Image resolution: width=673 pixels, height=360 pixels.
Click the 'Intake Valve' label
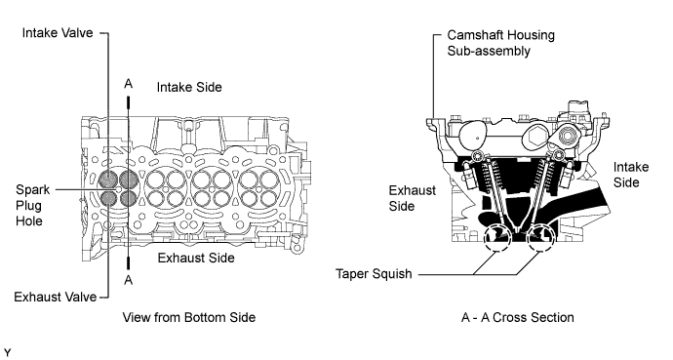click(58, 33)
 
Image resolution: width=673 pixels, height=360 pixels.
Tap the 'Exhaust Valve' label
click(56, 297)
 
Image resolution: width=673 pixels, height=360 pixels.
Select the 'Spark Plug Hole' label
click(32, 206)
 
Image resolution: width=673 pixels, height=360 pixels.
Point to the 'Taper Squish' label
click(374, 274)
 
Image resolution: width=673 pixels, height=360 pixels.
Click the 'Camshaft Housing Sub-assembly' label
click(500, 43)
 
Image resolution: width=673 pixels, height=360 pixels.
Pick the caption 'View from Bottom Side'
click(189, 317)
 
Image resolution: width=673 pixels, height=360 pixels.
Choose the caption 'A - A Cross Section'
click(518, 317)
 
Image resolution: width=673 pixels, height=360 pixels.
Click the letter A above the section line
click(129, 84)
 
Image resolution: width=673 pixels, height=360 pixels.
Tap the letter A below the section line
click(129, 280)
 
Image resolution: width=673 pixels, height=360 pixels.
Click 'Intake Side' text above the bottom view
click(189, 87)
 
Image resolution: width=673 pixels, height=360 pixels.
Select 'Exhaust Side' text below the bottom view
click(196, 258)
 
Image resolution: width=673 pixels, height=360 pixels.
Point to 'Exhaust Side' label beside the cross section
click(412, 198)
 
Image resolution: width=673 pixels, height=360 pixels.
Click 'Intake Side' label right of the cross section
click(630, 175)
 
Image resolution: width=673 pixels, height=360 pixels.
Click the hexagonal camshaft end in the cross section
click(535, 138)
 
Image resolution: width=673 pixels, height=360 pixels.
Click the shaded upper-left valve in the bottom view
click(107, 179)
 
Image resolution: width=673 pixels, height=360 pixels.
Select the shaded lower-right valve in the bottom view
click(128, 198)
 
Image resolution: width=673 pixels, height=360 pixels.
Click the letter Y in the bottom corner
click(7, 353)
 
